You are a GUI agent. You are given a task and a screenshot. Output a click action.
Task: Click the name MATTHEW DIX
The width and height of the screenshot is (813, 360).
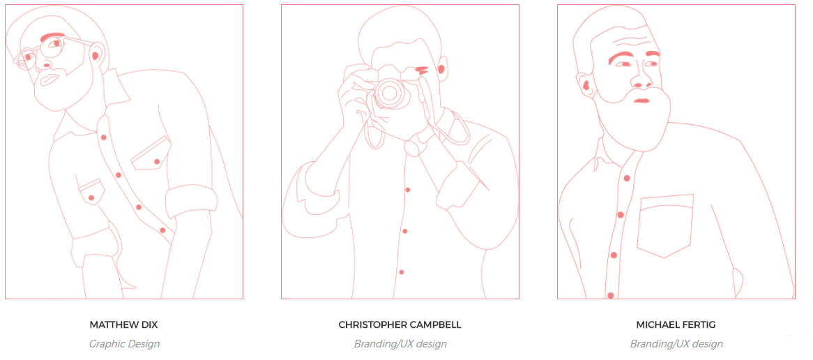[x=124, y=324]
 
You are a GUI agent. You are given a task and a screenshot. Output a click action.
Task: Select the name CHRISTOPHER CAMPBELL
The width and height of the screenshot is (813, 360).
[x=400, y=324]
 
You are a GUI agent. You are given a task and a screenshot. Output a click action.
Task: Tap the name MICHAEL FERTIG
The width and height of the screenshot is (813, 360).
[x=676, y=324]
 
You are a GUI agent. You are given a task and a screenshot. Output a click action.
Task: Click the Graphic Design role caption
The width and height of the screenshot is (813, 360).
[x=124, y=343]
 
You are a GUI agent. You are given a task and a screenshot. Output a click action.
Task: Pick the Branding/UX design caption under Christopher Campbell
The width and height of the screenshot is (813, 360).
[x=400, y=343]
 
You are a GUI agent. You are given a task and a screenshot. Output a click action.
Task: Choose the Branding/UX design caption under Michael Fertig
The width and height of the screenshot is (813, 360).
[x=676, y=343]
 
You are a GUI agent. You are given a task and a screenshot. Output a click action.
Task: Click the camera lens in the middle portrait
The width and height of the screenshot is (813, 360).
[x=390, y=93]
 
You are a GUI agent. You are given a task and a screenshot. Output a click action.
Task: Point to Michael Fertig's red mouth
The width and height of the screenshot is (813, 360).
[x=642, y=100]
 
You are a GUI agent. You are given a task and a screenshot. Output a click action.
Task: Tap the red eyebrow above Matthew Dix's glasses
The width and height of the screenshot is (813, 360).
[x=52, y=36]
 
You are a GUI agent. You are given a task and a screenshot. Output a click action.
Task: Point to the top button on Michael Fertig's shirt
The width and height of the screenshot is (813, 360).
[x=627, y=178]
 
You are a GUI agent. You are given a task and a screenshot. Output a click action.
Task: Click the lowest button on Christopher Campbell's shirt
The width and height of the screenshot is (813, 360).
[x=402, y=272]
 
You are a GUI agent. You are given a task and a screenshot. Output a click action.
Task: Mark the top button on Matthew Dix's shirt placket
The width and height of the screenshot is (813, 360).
[x=104, y=137]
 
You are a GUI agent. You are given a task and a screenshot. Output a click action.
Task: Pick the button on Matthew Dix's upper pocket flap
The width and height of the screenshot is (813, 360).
[x=157, y=162]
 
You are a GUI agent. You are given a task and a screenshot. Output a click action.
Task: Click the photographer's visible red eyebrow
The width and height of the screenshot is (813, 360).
[x=422, y=68]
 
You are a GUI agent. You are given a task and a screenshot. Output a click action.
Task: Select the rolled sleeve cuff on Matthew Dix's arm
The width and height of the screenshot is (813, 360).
[x=191, y=202]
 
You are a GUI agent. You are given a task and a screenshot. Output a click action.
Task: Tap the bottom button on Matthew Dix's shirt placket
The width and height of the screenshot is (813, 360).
[x=162, y=230]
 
